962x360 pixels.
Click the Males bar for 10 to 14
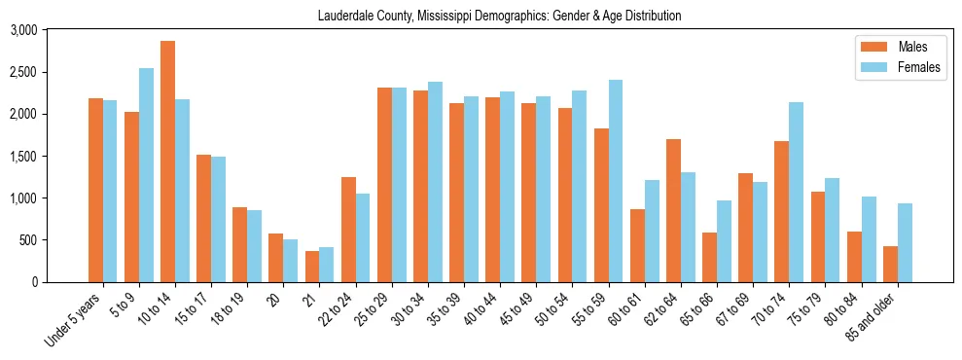point(167,162)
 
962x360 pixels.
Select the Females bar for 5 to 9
point(146,175)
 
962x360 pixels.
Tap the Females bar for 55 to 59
point(615,181)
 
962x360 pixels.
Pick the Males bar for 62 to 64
point(673,210)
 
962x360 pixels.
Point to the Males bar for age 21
point(312,267)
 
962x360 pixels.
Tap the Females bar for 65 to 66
point(724,241)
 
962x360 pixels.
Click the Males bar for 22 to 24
point(348,230)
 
